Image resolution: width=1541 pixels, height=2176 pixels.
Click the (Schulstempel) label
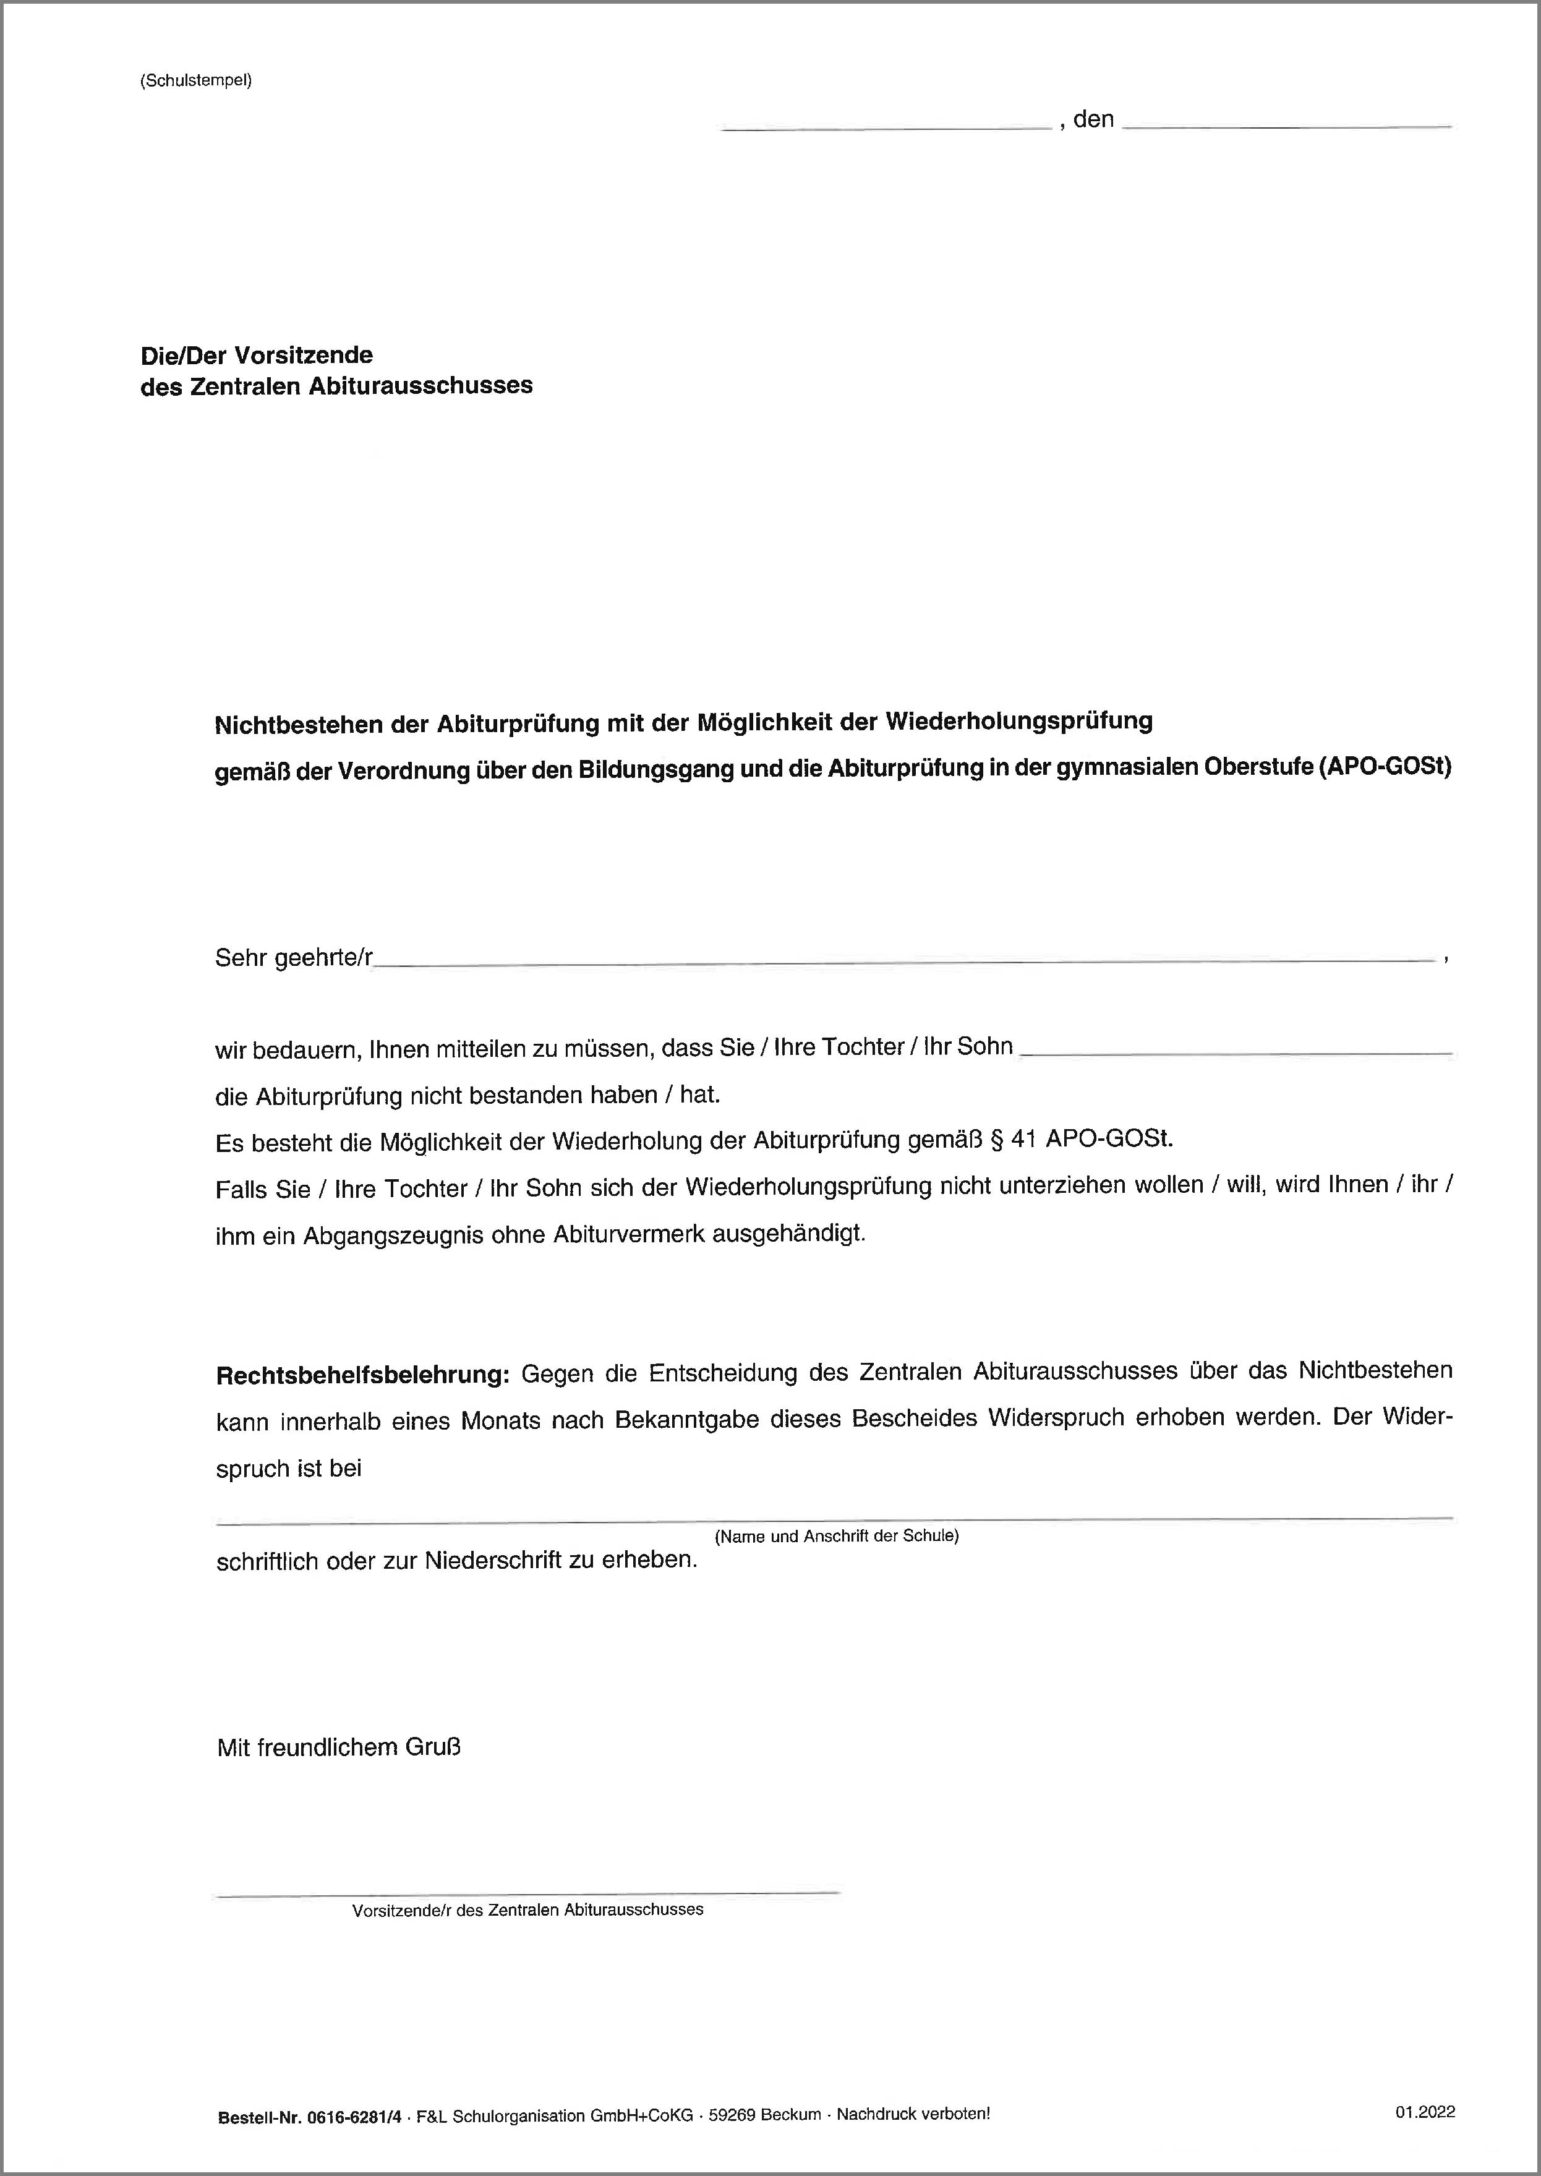pyautogui.click(x=195, y=80)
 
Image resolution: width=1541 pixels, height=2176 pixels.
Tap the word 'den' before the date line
pyautogui.click(x=1093, y=119)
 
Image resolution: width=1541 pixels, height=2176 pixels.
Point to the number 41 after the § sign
pyautogui.click(x=1022, y=1141)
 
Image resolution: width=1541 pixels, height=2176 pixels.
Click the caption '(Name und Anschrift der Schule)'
pyautogui.click(x=836, y=1537)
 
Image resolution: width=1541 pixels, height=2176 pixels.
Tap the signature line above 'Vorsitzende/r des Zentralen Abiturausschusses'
pyautogui.click(x=527, y=1893)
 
